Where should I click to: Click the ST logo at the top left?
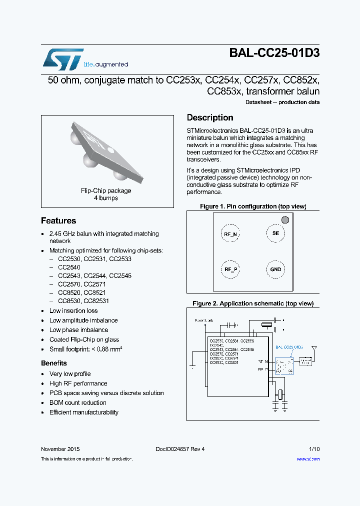point(63,58)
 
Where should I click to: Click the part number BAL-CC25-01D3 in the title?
point(274,53)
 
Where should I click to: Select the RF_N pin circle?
point(230,234)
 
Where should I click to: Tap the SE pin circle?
point(275,233)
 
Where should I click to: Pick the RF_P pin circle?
point(230,269)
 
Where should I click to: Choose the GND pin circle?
point(275,269)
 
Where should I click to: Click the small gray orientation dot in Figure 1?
point(285,219)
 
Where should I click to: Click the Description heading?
point(210,117)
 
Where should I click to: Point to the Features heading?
point(58,220)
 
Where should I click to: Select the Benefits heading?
point(54,363)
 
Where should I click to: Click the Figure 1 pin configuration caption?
point(253,206)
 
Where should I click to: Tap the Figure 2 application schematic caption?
point(253,303)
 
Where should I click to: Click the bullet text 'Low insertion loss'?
point(73,310)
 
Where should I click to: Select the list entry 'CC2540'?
point(68,267)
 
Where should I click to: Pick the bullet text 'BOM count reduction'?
point(77,402)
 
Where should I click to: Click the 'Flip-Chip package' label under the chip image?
point(106,190)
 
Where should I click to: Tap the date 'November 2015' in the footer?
point(60,449)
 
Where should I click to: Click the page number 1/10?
point(314,449)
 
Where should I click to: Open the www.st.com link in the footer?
point(308,459)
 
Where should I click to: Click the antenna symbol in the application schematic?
point(314,348)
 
